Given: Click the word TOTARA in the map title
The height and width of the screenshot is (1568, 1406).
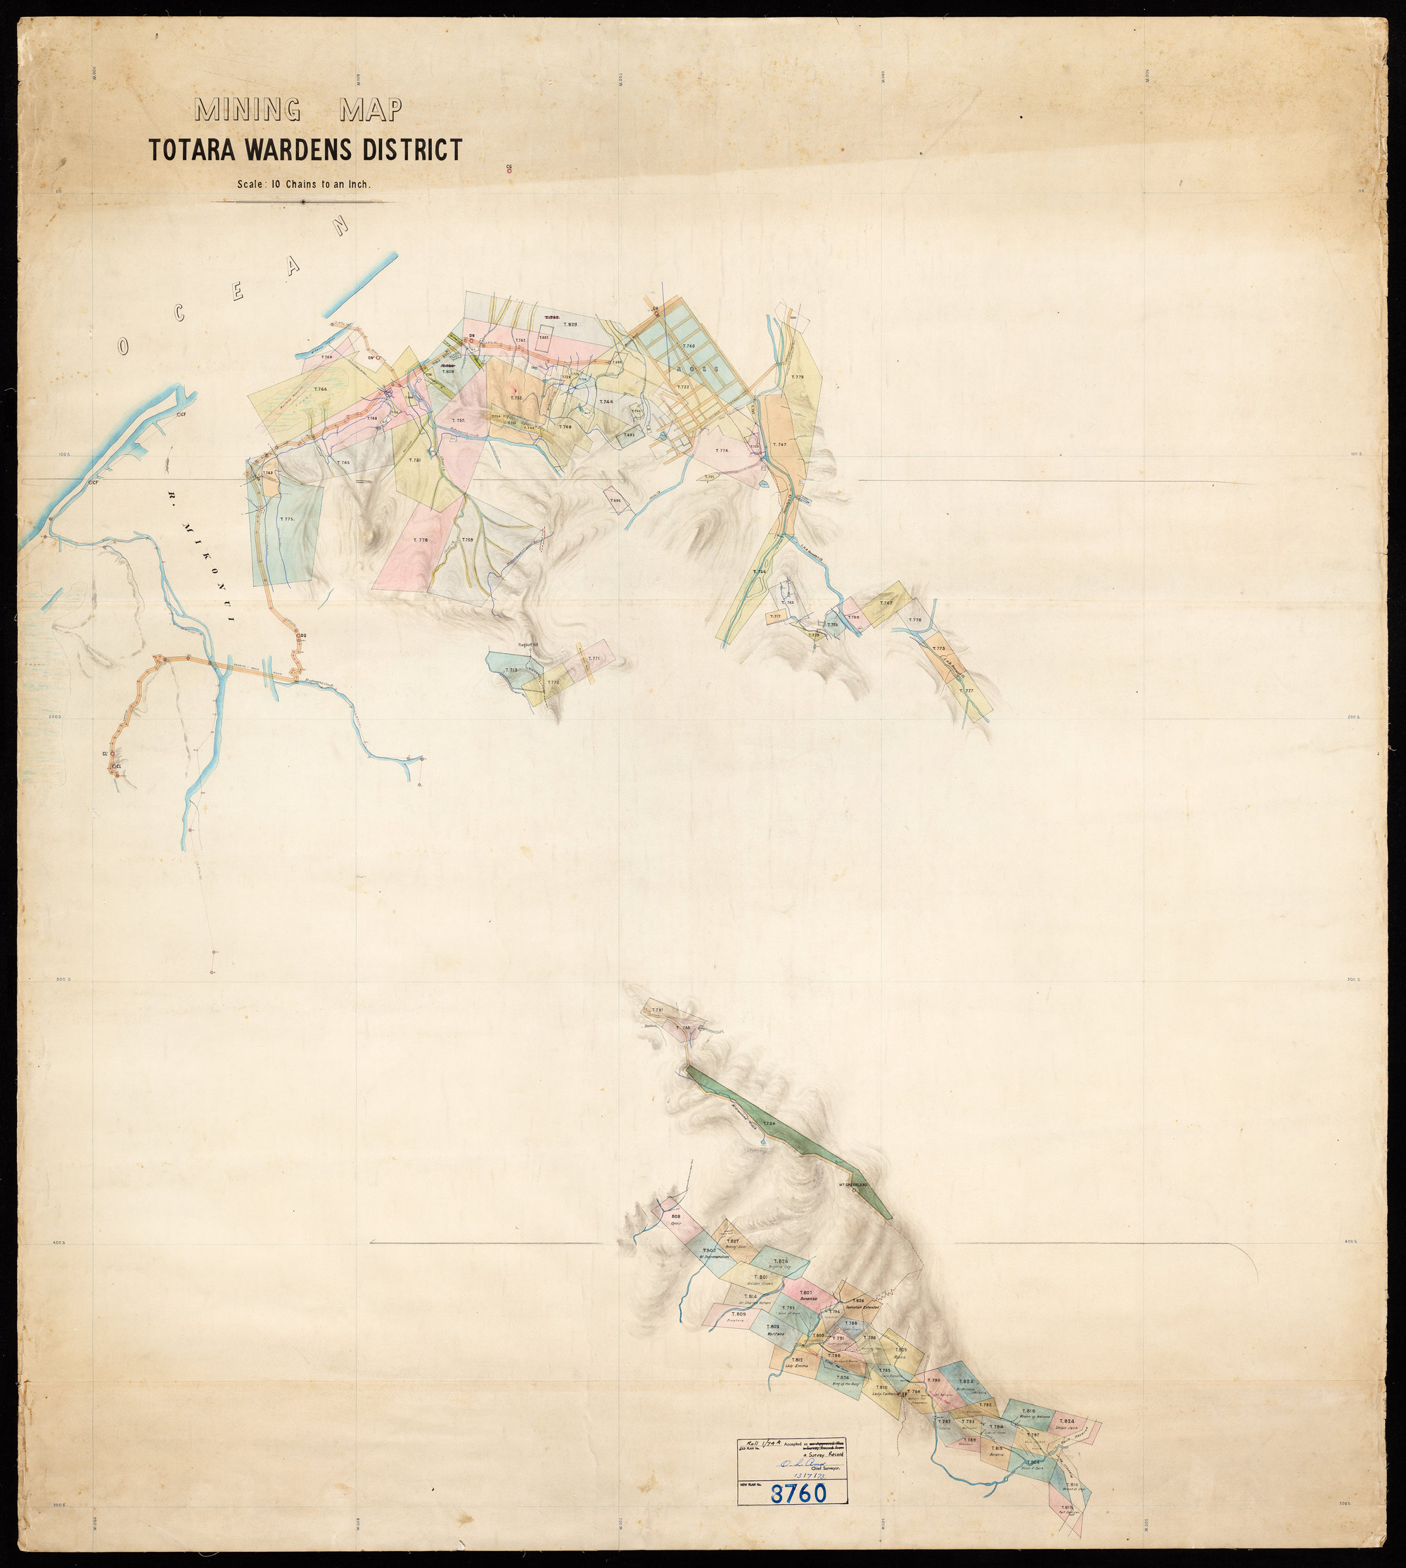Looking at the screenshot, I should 193,150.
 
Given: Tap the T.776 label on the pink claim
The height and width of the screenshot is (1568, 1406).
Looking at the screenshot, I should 421,540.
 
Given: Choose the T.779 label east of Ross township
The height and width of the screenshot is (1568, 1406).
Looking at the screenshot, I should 798,377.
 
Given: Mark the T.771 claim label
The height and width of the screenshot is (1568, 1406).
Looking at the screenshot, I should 594,659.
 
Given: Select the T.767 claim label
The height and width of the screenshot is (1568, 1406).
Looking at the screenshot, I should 886,603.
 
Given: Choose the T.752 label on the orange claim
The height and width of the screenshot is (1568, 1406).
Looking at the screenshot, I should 517,398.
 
